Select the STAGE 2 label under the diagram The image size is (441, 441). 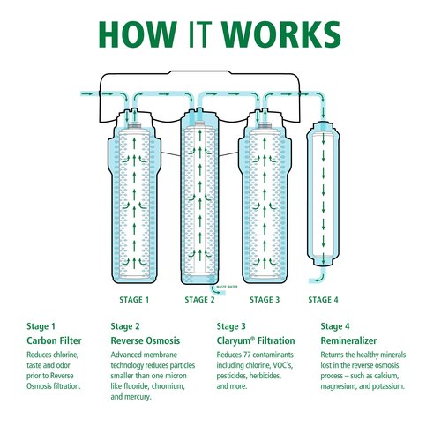pyautogui.click(x=199, y=299)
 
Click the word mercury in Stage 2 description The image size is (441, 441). pyautogui.click(x=141, y=398)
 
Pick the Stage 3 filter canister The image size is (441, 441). pyautogui.click(x=265, y=198)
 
